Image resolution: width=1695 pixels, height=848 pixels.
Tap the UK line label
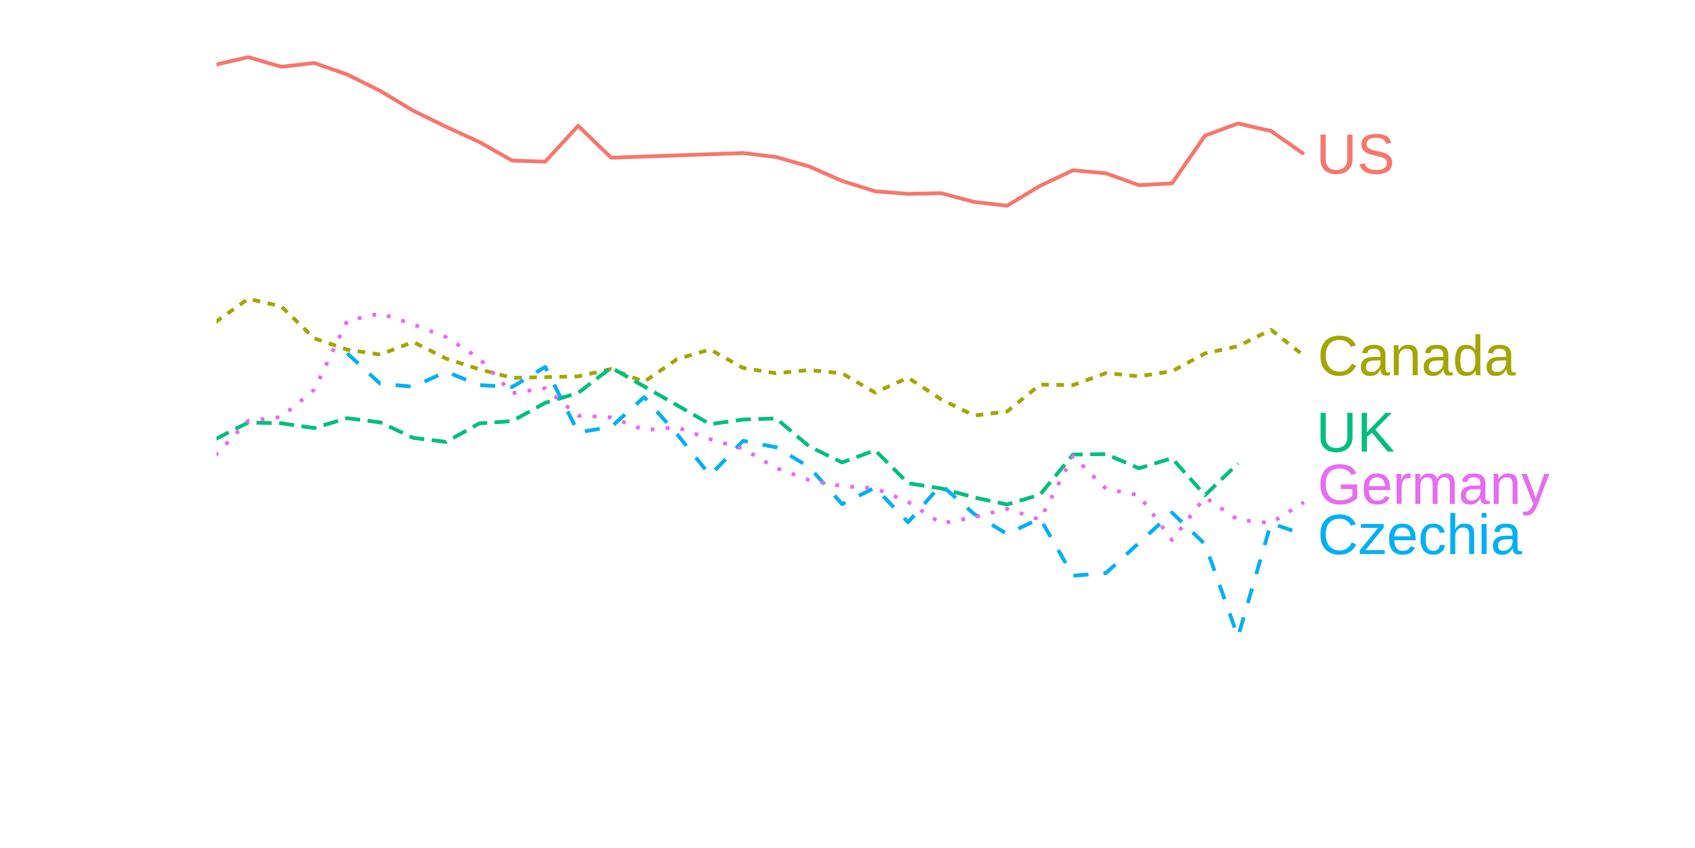point(1356,432)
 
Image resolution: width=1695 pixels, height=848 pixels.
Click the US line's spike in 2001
point(578,125)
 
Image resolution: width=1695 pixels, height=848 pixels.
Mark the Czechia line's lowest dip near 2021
point(1239,631)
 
